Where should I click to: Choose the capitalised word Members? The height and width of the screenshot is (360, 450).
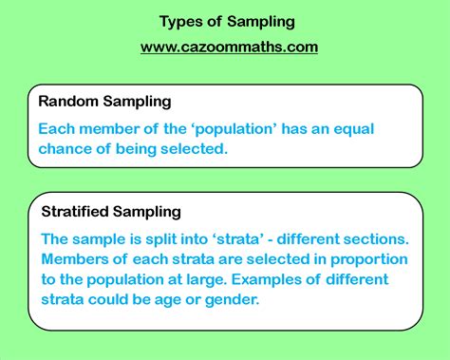74,259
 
